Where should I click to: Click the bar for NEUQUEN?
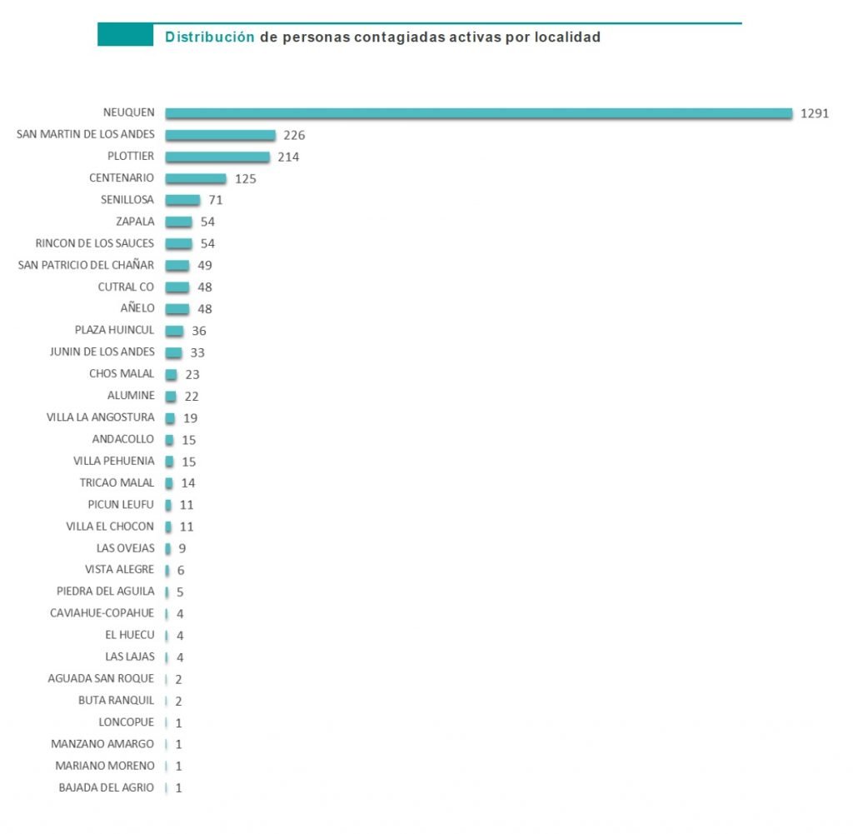478,113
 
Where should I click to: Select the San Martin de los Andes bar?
220,135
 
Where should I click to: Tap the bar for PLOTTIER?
217,157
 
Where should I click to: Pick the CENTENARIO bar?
196,178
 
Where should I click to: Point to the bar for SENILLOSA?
182,200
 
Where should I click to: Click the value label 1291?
814,113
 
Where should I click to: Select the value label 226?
295,135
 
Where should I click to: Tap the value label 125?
245,178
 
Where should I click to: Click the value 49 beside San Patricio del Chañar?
204,265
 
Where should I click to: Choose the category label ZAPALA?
135,222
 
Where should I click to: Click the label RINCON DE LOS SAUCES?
95,243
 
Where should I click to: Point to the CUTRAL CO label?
126,287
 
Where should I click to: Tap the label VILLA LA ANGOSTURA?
100,417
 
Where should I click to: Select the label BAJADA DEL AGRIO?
106,787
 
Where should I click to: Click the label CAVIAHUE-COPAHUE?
102,613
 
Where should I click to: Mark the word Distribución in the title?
209,37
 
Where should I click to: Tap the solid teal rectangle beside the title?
125,35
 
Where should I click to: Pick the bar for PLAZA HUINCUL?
174,331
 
